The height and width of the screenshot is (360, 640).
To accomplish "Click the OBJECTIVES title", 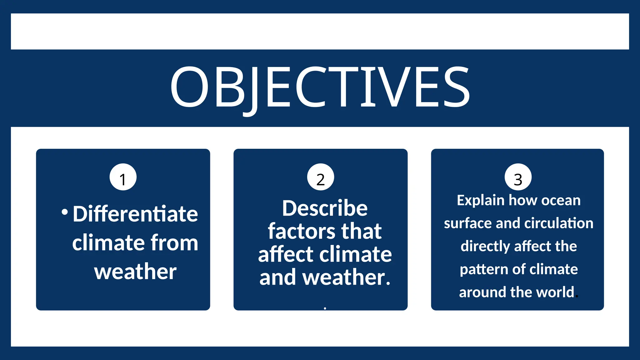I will (x=320, y=87).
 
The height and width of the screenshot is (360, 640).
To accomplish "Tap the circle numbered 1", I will (x=123, y=177).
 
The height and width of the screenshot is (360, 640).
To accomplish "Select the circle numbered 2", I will (x=321, y=177).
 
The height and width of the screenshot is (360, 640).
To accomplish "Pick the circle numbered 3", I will (x=518, y=177).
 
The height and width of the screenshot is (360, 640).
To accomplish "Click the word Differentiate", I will (x=135, y=214).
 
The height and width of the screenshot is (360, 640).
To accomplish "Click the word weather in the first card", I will (x=135, y=272).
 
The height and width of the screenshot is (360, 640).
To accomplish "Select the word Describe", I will (x=325, y=208).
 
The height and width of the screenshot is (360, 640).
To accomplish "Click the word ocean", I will (x=561, y=201).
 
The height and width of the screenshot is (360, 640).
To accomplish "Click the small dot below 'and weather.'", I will (x=325, y=308).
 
